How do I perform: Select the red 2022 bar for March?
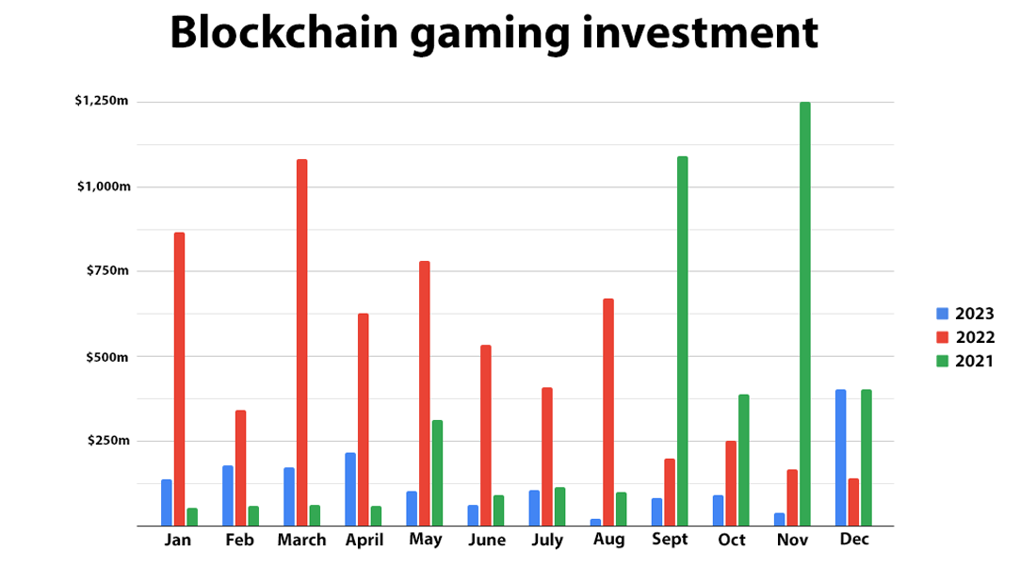(x=301, y=343)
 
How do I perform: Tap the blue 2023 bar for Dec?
(x=840, y=458)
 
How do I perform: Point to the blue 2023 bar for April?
(x=350, y=489)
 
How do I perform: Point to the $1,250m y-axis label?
(x=102, y=101)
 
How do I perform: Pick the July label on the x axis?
(x=546, y=540)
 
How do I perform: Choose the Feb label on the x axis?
(x=240, y=540)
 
